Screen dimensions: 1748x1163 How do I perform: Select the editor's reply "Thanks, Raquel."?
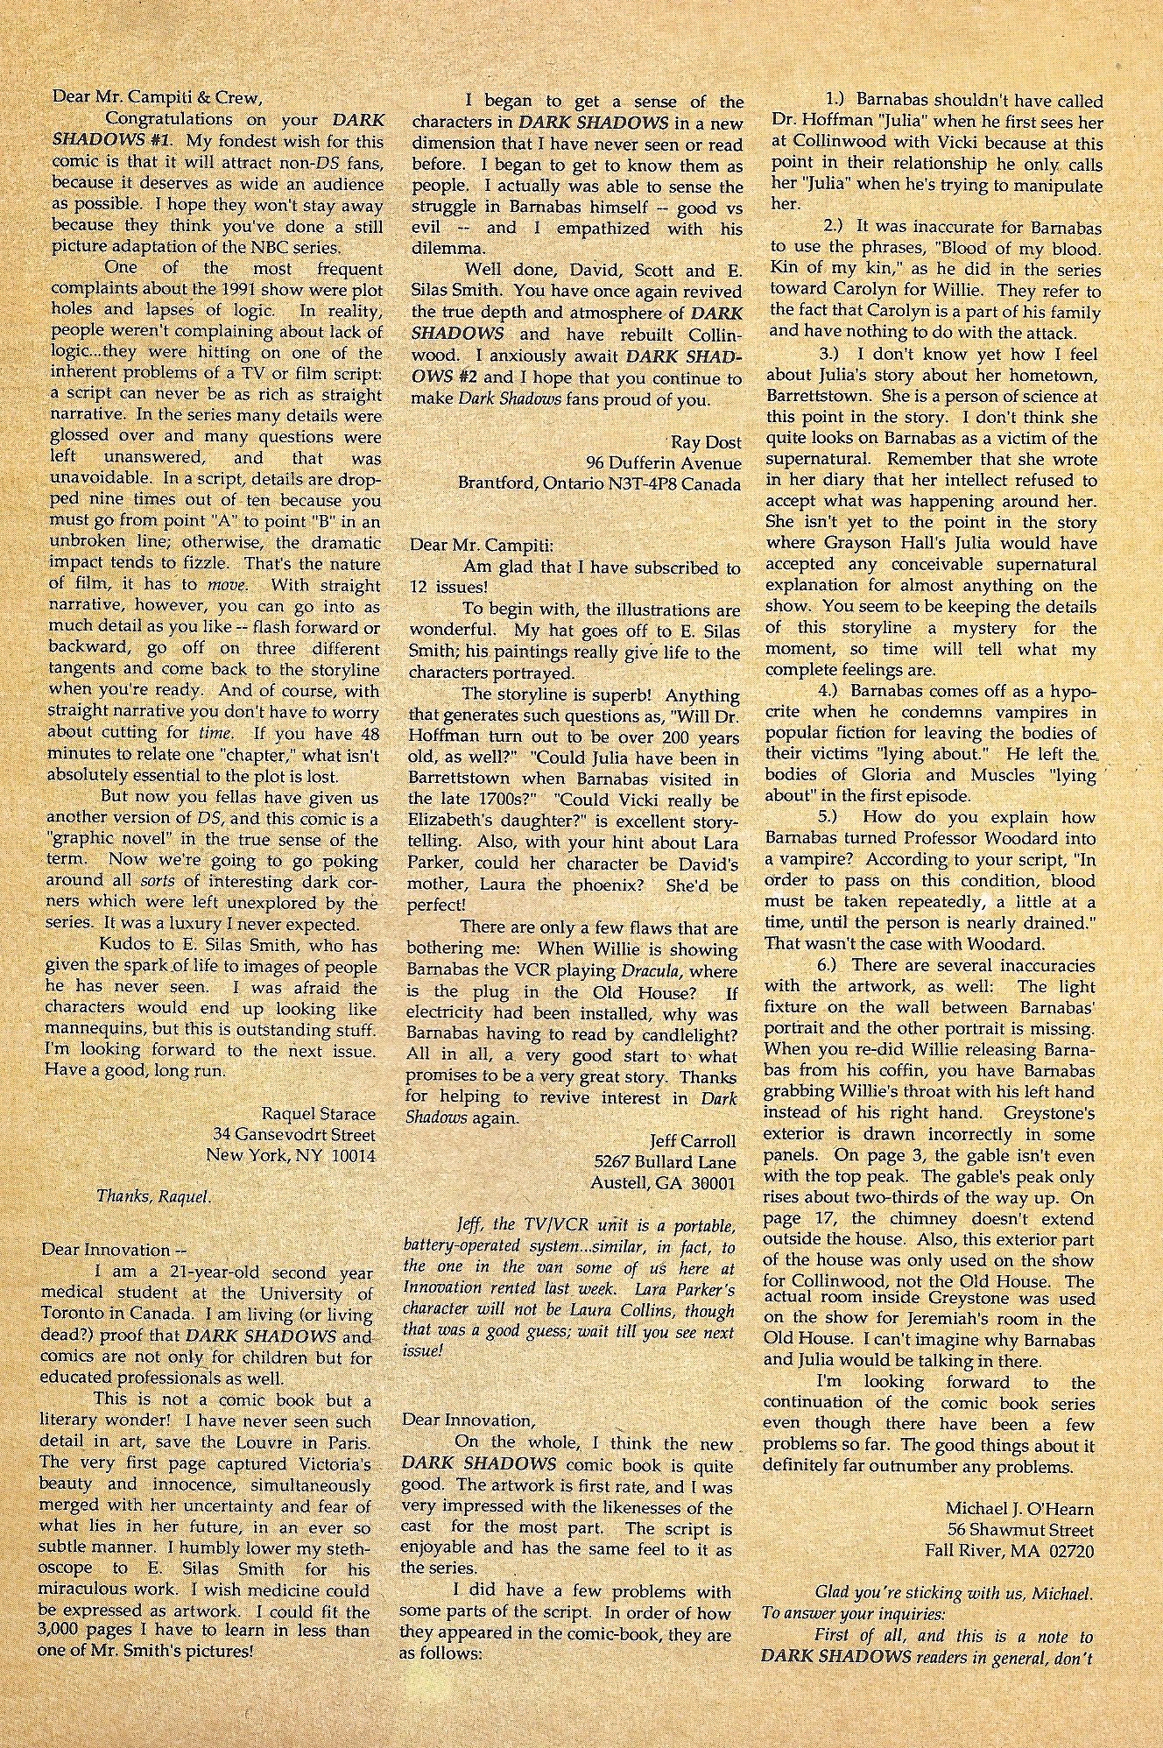click(x=153, y=1196)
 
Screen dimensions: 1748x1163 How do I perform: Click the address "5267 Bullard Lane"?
click(x=665, y=1162)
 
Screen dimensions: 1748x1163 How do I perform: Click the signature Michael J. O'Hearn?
click(x=1019, y=1509)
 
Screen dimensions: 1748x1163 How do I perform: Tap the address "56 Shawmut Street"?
click(x=1020, y=1530)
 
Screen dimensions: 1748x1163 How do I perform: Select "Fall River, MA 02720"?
click(x=1010, y=1551)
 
